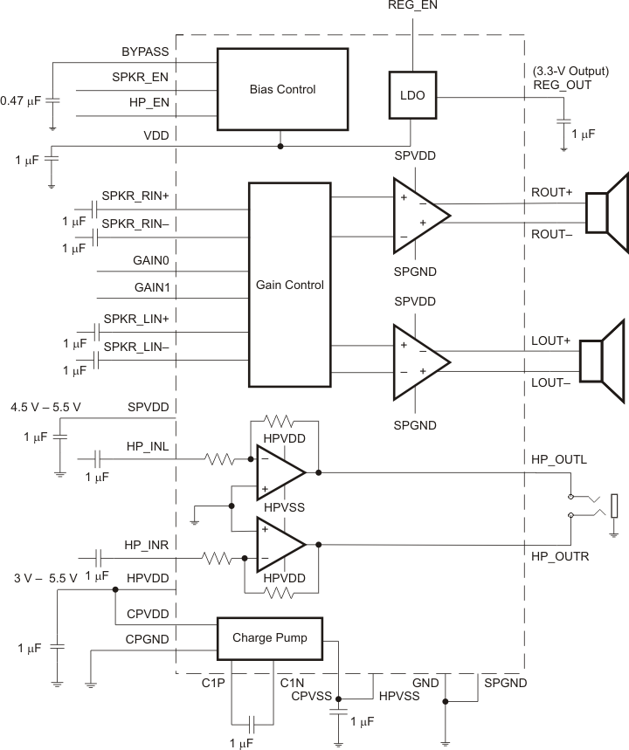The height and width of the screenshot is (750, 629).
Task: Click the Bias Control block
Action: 281,89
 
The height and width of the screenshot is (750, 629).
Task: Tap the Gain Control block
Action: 290,285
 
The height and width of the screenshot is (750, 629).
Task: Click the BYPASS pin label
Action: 145,52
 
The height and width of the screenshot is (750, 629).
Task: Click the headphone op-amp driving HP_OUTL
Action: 280,472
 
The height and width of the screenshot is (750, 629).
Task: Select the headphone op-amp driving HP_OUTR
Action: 280,544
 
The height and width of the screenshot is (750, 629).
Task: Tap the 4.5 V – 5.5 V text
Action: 45,407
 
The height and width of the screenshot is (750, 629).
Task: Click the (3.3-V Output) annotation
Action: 570,71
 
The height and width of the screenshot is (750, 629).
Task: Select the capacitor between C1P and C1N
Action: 252,723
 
